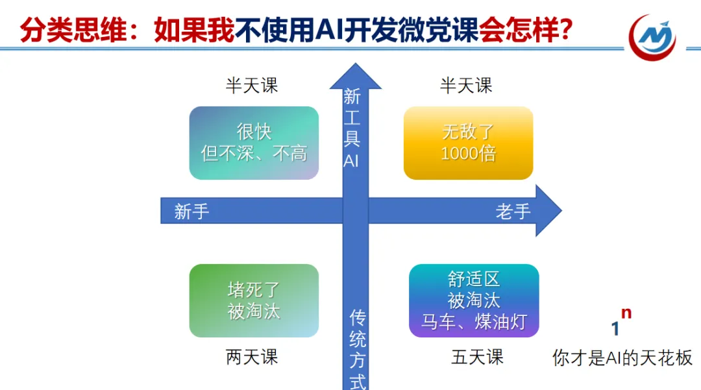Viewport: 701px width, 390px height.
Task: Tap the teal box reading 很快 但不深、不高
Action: pos(254,143)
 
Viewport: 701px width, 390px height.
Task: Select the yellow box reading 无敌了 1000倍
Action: pos(468,143)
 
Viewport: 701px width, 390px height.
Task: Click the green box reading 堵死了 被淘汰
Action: pos(254,300)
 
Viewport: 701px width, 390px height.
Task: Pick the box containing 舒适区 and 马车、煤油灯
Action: pos(474,300)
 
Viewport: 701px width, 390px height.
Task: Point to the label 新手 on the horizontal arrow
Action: pos(191,212)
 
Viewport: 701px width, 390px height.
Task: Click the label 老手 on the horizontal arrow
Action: pos(513,212)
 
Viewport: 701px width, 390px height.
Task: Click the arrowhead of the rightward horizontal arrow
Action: pos(548,211)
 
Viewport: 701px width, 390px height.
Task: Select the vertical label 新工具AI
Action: pos(352,128)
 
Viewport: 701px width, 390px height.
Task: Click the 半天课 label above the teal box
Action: pos(252,86)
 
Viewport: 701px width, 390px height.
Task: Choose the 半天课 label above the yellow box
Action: pos(466,86)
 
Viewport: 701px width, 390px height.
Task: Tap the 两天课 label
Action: pos(252,357)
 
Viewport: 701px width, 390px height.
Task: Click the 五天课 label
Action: pos(477,357)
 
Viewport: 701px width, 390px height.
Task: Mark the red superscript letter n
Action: pos(626,313)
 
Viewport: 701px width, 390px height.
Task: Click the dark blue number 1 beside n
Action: pos(615,329)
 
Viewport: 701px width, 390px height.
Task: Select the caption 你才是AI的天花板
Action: pos(622,358)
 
